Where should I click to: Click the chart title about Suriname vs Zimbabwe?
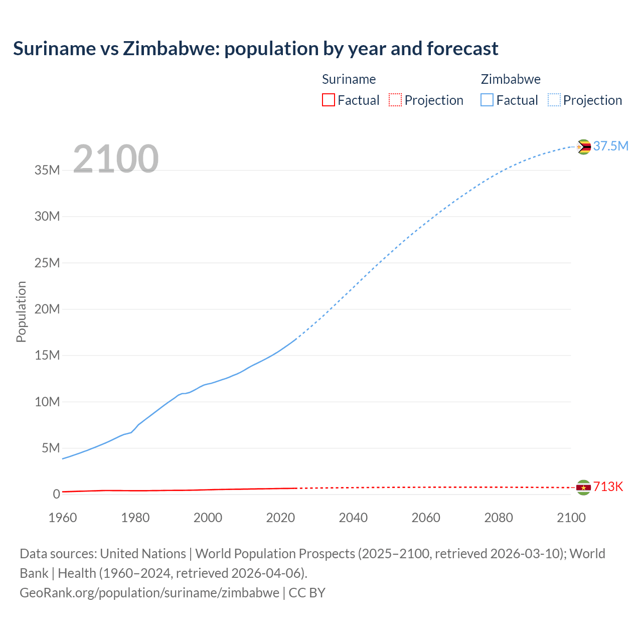click(255, 49)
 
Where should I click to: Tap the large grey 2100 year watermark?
click(116, 159)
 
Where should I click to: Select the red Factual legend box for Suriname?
click(328, 100)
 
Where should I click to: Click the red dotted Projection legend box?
click(395, 100)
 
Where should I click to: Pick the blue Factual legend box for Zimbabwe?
click(487, 100)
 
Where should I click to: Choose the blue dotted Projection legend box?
click(554, 100)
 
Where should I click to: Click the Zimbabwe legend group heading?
click(511, 79)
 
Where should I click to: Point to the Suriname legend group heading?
click(349, 79)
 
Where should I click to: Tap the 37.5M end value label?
click(610, 146)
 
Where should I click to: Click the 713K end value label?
click(608, 487)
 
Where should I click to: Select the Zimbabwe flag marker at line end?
click(583, 147)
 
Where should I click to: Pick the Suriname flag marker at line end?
click(583, 488)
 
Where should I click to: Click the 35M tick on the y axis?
click(47, 170)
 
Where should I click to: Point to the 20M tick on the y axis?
click(47, 309)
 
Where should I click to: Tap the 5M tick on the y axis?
click(51, 448)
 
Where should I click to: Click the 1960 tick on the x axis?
click(63, 518)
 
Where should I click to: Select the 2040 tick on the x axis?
click(353, 518)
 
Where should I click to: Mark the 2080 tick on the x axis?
click(499, 518)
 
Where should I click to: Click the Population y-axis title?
click(21, 311)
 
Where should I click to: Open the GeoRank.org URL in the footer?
click(149, 593)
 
